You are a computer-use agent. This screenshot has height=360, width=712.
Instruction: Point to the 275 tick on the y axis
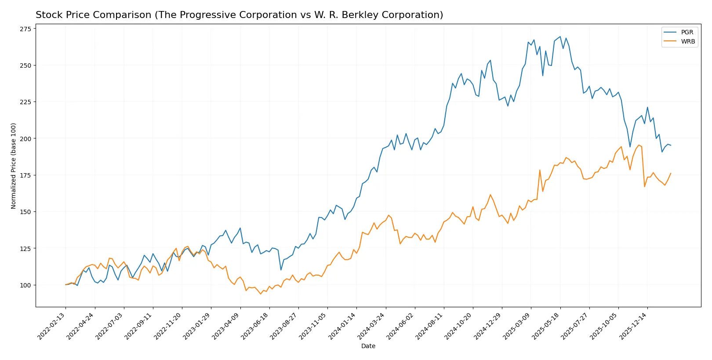tap(25, 29)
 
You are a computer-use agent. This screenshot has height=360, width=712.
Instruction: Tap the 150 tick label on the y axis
tap(25, 212)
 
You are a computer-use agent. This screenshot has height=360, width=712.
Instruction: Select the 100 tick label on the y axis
tap(25, 285)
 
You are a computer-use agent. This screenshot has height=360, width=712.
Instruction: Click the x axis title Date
tap(368, 346)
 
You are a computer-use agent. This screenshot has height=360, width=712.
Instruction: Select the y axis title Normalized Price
tap(14, 166)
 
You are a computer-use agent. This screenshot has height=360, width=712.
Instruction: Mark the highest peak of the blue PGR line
tap(560, 36)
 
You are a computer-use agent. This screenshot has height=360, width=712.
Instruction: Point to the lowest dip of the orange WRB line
tap(261, 294)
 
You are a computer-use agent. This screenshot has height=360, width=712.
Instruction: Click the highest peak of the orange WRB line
tap(639, 145)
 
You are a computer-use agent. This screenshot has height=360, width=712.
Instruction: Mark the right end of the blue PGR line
tap(671, 145)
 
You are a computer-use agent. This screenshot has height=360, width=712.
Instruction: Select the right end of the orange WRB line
tap(671, 173)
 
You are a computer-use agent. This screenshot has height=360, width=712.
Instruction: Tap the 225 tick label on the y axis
tap(25, 102)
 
